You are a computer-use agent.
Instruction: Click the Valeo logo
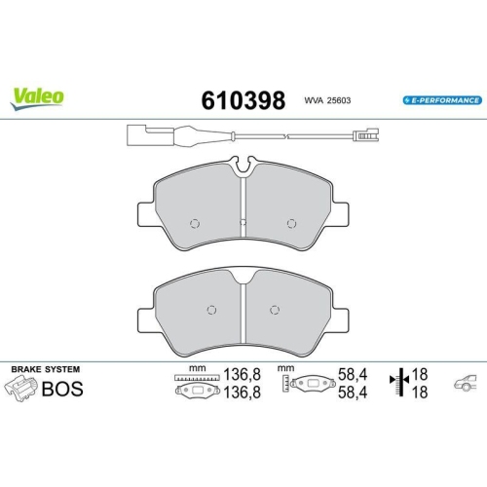tap(39, 95)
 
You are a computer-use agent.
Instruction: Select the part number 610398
tap(243, 100)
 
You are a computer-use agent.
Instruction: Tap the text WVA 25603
tap(327, 101)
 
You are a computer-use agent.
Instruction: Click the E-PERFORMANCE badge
tap(441, 100)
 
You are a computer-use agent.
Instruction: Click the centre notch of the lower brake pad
tap(243, 281)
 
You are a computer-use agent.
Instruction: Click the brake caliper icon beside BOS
tap(20, 390)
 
